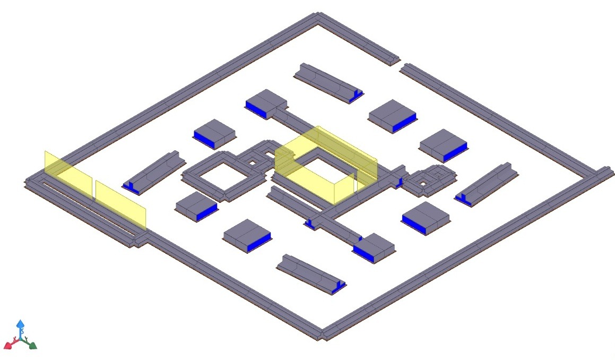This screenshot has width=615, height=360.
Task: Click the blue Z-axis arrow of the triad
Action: (x=20, y=325)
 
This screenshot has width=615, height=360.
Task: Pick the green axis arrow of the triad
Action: (x=31, y=345)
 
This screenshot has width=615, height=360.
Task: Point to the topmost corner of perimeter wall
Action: (x=319, y=15)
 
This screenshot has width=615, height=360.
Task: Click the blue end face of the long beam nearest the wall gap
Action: (x=357, y=96)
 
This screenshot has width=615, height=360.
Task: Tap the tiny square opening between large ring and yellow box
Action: (x=253, y=160)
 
